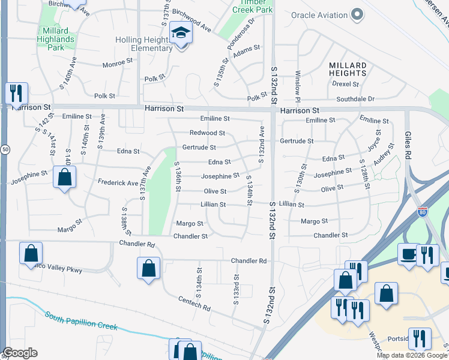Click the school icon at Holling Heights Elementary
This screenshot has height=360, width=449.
point(180,33)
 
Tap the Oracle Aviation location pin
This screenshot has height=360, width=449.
point(358,14)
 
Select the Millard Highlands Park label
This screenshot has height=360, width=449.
point(58,40)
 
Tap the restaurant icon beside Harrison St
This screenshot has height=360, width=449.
point(16,93)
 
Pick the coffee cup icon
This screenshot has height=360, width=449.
point(409,254)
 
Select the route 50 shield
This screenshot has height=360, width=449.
point(4,149)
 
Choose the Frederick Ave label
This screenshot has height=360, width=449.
point(118,182)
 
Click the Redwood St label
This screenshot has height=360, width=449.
point(207,133)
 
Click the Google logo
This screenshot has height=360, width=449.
point(20,353)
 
